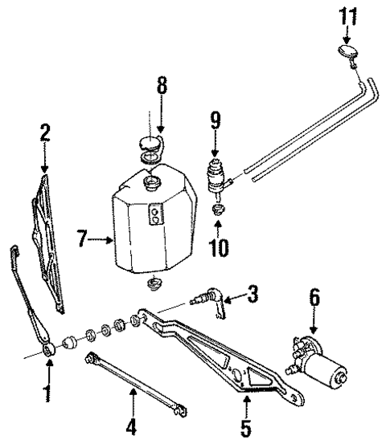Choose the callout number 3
point(253,296)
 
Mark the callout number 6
point(314,299)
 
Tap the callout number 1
point(47,394)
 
